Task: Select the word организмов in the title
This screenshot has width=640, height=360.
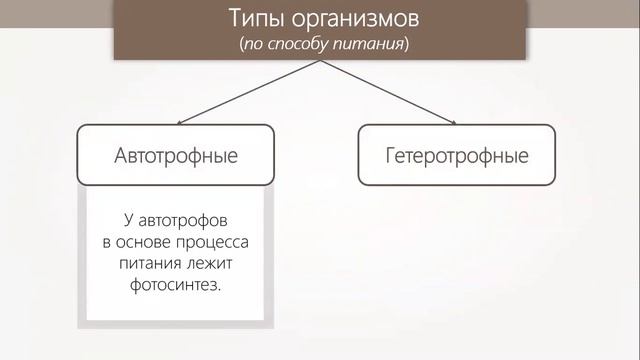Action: coord(345,21)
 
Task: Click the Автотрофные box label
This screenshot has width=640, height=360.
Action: coord(175,157)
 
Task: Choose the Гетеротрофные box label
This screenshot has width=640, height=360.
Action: coord(456,157)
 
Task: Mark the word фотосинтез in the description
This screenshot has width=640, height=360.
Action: coord(173,285)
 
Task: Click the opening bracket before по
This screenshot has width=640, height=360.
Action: coord(242,45)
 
